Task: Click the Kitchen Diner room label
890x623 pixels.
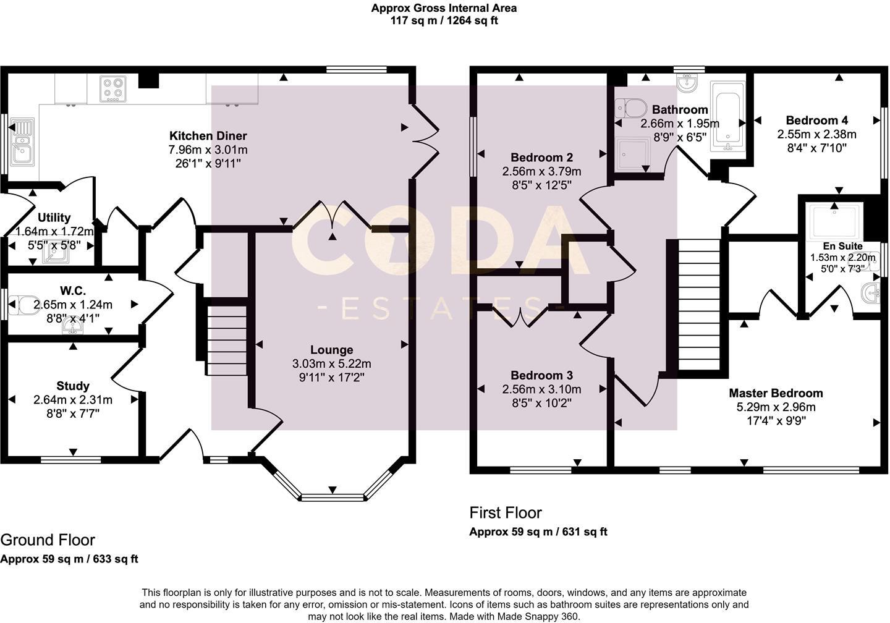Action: coord(208,136)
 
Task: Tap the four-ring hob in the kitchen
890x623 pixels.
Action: coord(113,89)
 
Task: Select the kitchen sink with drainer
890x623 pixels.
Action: coord(22,141)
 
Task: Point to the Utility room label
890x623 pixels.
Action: coord(54,218)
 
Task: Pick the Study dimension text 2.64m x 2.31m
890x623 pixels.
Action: coord(73,400)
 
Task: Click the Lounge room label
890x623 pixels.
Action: coord(332,350)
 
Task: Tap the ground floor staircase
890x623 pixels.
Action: coord(227,340)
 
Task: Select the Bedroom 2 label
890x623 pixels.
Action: coord(542,158)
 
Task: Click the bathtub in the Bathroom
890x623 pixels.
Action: coord(728,116)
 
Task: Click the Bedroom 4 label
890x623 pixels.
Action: coord(817,121)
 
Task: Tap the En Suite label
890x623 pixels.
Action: coord(843,246)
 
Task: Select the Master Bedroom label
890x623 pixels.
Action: coord(776,393)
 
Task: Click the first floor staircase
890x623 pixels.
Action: coord(699,305)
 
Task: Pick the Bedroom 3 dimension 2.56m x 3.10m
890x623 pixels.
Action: coord(542,389)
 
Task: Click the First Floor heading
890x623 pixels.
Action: coord(506,513)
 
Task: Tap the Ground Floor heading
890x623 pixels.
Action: coord(48,540)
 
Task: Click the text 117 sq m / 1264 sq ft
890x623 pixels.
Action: coord(444,20)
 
